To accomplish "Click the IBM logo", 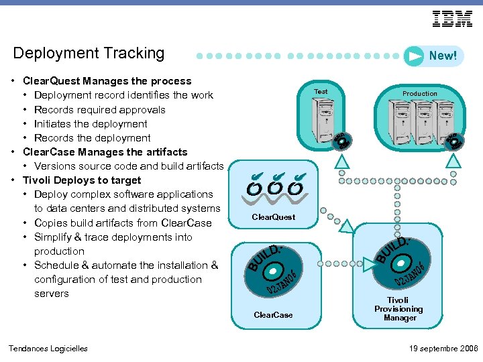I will (452, 19).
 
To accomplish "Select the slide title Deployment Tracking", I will (89, 53).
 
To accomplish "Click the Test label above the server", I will (321, 91).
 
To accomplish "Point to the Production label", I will (420, 93).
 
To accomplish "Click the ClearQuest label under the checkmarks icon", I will (273, 217).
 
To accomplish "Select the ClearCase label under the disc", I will (273, 315).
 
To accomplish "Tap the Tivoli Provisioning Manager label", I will (398, 309).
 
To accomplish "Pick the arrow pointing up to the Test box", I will (342, 161).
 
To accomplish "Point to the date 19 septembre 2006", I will (443, 348).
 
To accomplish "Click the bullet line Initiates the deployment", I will (91, 124).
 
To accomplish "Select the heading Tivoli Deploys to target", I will (82, 180).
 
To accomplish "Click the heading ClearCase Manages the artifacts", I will (105, 152).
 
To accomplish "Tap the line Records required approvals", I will (99, 110).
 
